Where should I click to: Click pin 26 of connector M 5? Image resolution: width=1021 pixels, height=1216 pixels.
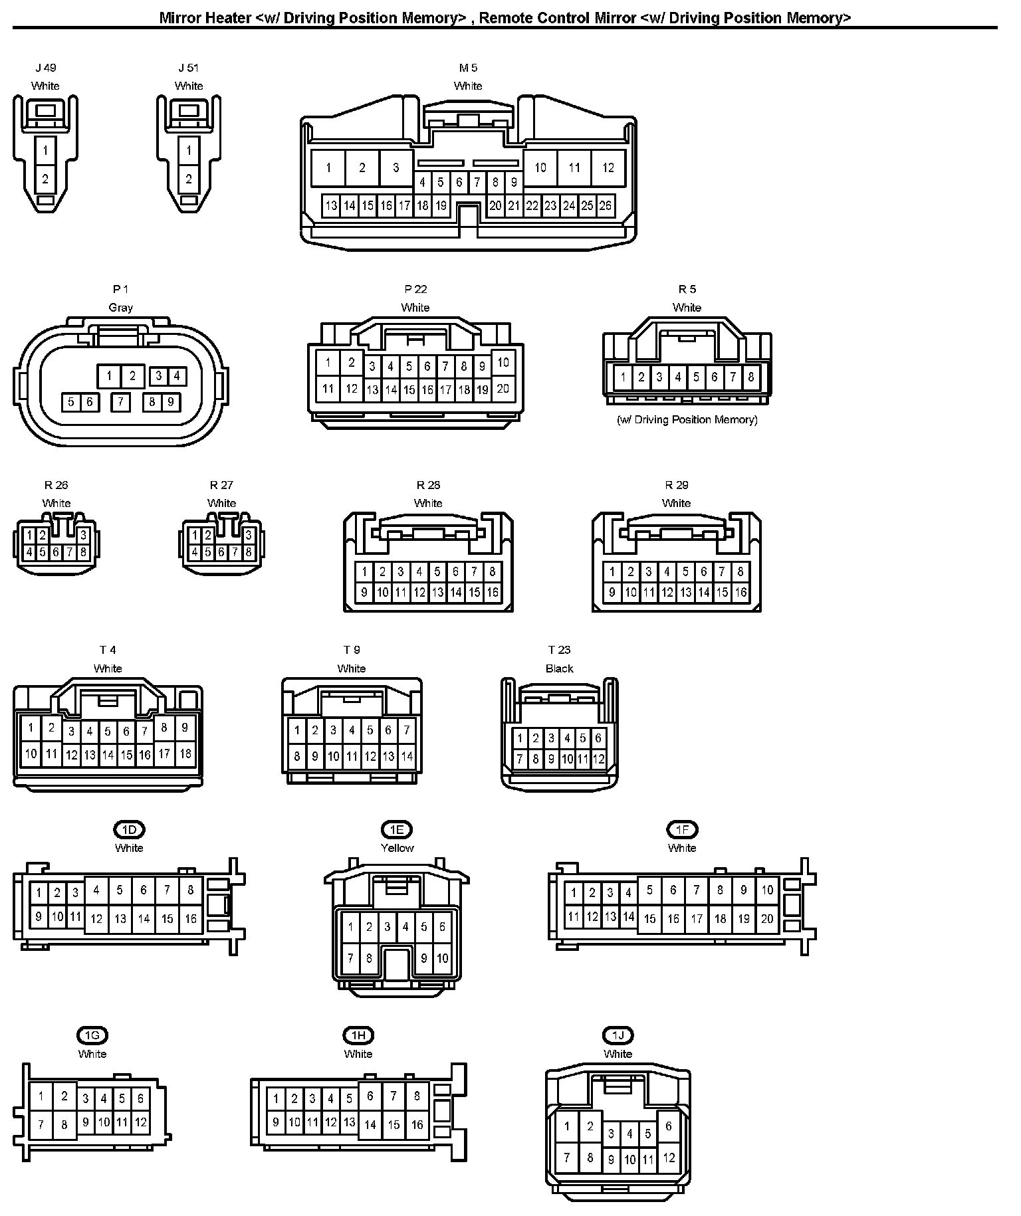(x=605, y=206)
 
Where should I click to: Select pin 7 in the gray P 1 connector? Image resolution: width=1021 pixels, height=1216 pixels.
(x=120, y=402)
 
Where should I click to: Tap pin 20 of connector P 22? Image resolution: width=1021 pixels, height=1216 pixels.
(x=503, y=388)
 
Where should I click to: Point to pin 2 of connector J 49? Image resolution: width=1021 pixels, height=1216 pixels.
(x=45, y=179)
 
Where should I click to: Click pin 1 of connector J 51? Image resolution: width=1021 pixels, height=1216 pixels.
(x=189, y=151)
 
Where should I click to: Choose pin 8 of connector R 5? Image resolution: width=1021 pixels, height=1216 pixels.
(x=750, y=377)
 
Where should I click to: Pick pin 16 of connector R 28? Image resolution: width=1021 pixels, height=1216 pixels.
(x=493, y=592)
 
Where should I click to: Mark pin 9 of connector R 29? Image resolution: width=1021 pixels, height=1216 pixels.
(x=612, y=592)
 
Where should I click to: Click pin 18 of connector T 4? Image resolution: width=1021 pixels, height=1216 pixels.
(x=185, y=754)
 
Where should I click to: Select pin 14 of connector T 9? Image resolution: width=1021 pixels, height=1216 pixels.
(x=407, y=756)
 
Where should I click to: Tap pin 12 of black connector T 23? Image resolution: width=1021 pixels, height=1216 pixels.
(x=598, y=758)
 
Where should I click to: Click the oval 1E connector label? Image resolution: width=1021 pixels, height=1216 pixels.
(x=397, y=829)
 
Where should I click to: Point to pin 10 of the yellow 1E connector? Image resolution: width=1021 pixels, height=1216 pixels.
(x=443, y=958)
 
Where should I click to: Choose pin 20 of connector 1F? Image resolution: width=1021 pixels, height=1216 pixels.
(x=767, y=919)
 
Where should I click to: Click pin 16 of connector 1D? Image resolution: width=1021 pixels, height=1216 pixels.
(x=191, y=919)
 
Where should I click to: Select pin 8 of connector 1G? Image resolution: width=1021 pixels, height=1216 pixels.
(x=64, y=1125)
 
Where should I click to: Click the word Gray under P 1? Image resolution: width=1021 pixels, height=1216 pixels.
(x=120, y=308)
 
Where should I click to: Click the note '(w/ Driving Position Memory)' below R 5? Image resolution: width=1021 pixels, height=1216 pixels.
(x=687, y=420)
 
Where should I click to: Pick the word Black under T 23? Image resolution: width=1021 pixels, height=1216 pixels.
(x=559, y=668)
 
